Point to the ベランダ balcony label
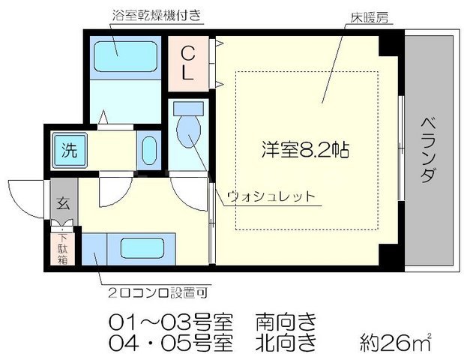428,150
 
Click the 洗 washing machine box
68,148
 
